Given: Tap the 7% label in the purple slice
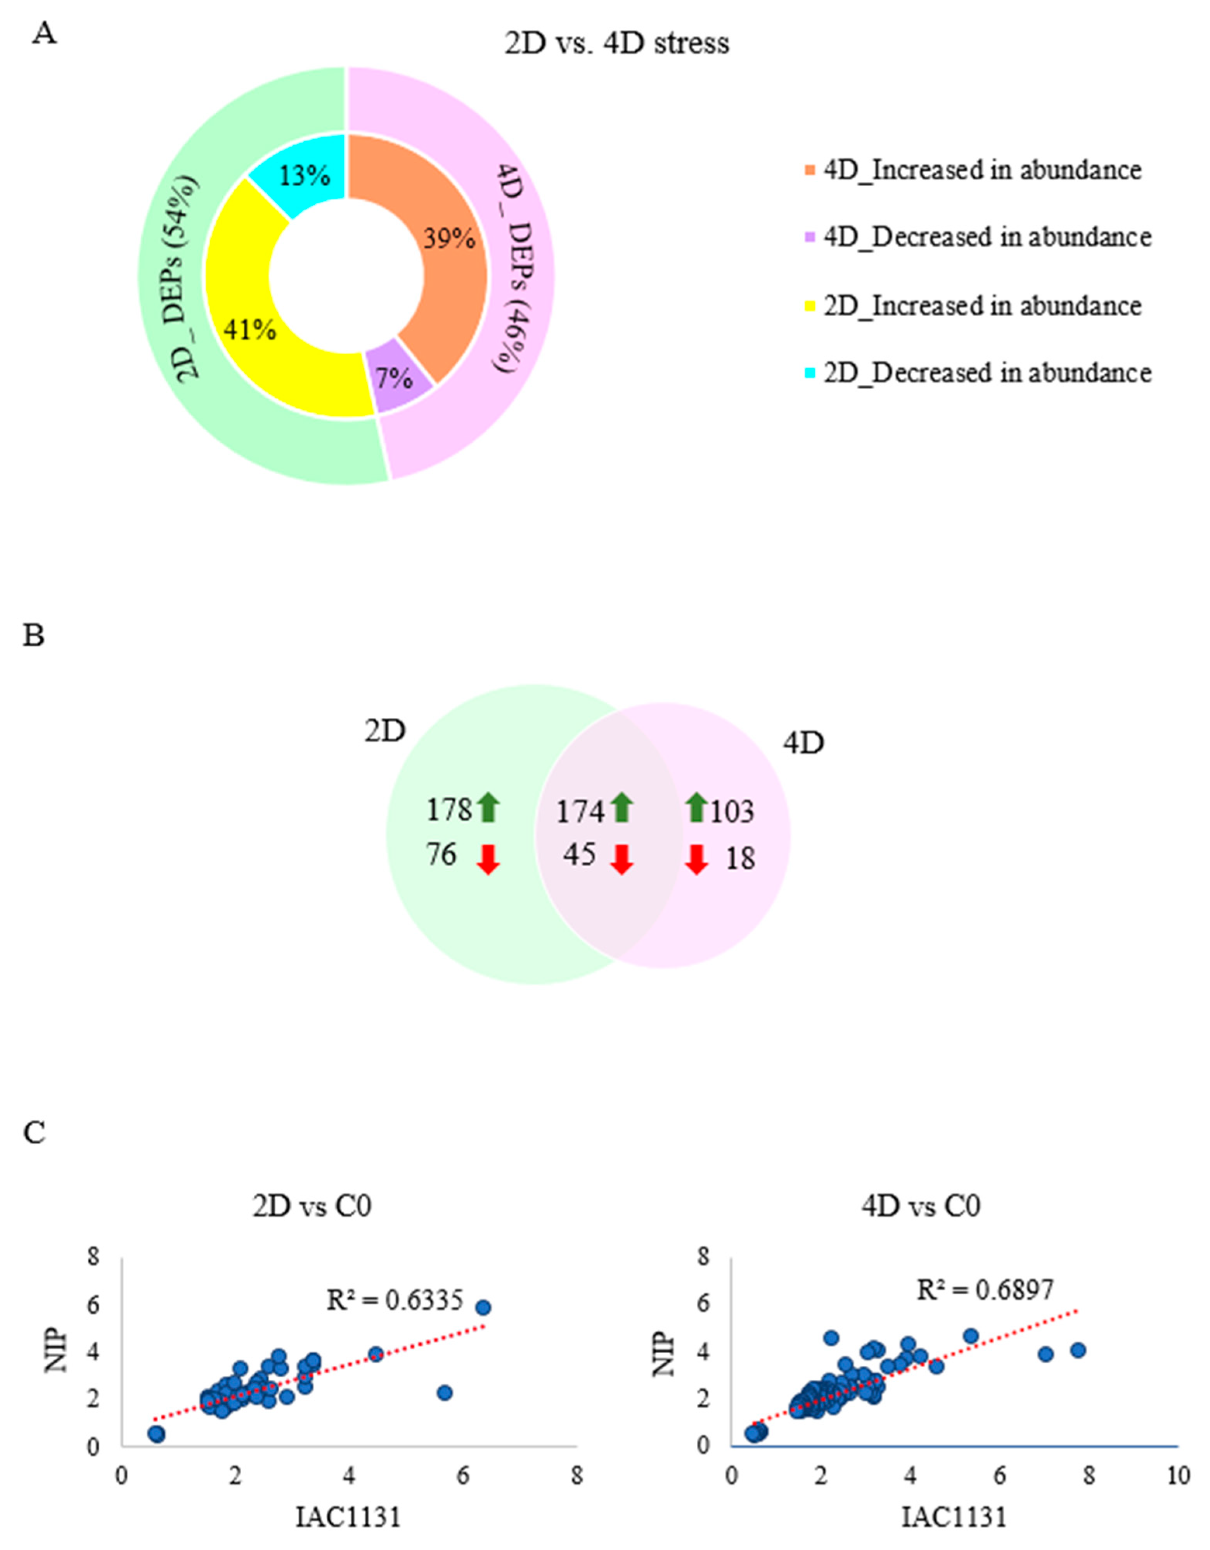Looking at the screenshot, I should (395, 378).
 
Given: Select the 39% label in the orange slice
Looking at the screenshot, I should (449, 239).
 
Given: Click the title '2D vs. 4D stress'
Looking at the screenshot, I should (617, 44).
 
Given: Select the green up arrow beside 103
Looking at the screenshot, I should (697, 808).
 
